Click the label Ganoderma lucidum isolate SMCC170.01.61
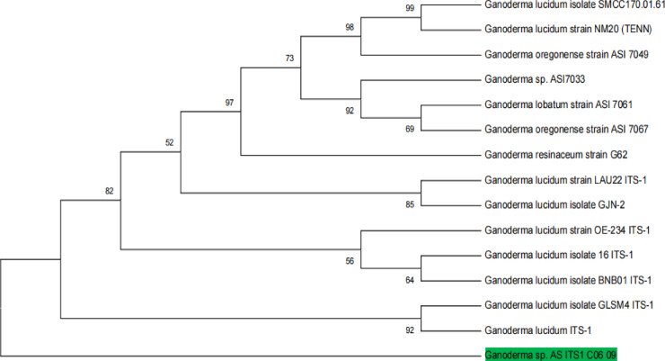coord(572,5)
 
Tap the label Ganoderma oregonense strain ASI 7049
coord(566,55)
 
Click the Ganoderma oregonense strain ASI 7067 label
coord(566,130)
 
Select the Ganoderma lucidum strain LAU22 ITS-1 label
coord(562,180)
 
